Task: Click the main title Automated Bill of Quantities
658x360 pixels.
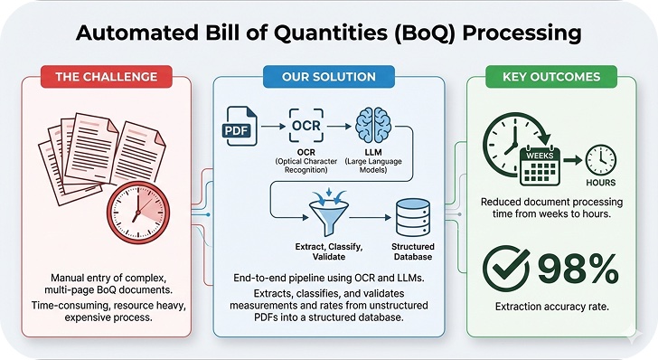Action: tap(329, 33)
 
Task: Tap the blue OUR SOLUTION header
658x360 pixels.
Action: tap(328, 77)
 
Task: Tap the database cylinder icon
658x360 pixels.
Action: tap(412, 214)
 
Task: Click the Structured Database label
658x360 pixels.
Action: tap(412, 251)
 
